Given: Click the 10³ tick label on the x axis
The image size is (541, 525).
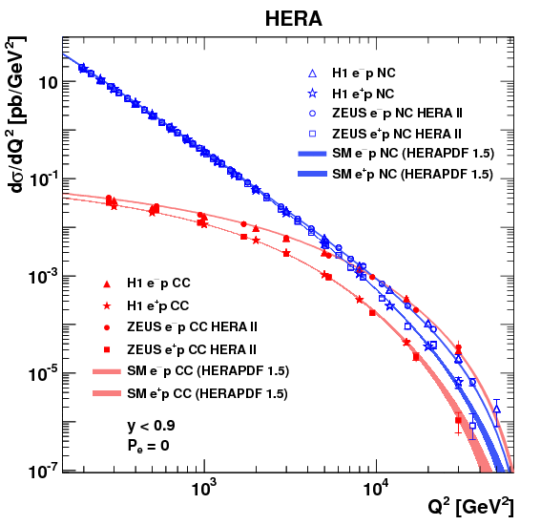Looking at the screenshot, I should click(203, 489).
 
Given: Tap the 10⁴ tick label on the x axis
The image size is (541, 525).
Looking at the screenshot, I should click(379, 489).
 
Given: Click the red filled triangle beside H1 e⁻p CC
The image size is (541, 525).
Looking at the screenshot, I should click(106, 285).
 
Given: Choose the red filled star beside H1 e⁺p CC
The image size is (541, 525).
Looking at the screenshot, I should click(106, 306).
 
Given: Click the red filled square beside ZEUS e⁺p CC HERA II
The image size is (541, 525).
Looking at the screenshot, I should click(106, 348).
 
